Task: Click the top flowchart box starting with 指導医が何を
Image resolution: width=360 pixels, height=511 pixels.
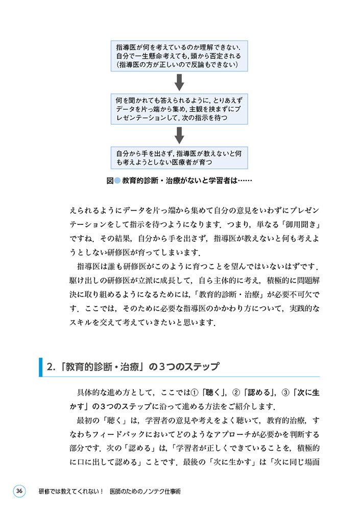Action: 179,56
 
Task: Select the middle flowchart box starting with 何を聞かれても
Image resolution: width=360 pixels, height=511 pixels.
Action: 179,108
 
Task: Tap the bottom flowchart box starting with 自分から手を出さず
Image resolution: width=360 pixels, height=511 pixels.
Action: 179,157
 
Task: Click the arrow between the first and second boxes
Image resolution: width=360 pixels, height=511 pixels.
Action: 179,82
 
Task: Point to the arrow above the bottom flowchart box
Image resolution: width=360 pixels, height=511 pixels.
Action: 179,134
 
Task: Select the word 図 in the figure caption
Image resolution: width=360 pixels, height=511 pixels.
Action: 109,180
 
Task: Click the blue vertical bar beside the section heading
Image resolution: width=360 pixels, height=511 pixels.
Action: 40,367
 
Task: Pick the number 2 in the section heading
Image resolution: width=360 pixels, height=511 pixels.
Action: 50,367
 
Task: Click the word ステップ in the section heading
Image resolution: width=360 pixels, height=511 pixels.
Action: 200,367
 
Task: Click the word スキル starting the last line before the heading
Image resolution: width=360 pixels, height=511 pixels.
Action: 80,322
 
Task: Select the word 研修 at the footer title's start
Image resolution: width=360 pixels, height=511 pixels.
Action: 44,492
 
